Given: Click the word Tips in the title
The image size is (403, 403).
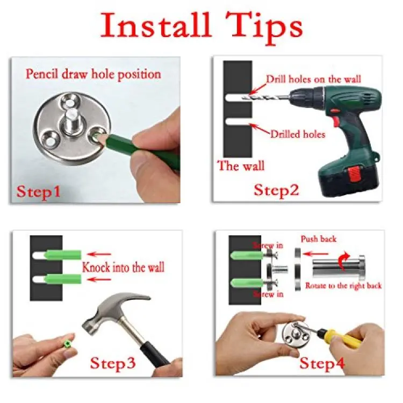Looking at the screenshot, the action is click(264, 28).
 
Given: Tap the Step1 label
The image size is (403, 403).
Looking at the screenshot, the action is click(39, 192).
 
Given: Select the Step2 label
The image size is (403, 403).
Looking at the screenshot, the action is click(277, 190).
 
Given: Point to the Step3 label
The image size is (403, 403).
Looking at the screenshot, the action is click(113, 363).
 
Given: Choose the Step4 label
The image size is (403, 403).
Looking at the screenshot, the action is click(322, 363).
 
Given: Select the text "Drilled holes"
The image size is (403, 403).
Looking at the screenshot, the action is click(298, 134).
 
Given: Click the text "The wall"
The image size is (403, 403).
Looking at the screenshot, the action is click(241, 165).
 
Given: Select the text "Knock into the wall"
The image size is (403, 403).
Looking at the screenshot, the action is click(123, 267).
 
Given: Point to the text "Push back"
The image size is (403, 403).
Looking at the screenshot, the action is click(319, 239).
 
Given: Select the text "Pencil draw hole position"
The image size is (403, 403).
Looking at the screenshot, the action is click(93, 75).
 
